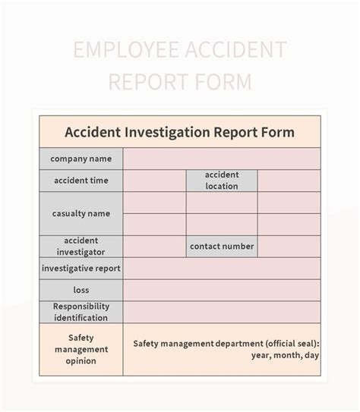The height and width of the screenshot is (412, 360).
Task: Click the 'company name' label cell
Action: [x=81, y=159]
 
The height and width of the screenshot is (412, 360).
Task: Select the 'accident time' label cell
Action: [x=81, y=181]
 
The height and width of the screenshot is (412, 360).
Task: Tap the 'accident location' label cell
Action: [x=222, y=181]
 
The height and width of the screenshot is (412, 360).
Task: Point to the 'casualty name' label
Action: [x=81, y=213]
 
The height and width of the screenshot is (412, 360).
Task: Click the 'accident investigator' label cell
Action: [x=81, y=246]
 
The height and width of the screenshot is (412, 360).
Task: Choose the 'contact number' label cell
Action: [x=222, y=246]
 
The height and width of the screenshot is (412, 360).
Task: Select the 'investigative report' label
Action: [x=81, y=268]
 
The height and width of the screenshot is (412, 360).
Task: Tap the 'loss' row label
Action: [x=81, y=290]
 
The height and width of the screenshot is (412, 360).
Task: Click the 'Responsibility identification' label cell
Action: [x=81, y=312]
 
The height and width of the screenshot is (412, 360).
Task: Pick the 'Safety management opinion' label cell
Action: [x=81, y=349]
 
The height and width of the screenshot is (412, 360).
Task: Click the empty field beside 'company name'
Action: [x=221, y=159]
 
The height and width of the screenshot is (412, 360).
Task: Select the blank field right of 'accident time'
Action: [x=154, y=181]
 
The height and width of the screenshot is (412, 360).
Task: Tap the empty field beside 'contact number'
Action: [x=289, y=246]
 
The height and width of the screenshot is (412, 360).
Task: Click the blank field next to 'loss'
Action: [x=221, y=290]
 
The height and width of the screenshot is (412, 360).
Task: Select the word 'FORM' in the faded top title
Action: [x=222, y=81]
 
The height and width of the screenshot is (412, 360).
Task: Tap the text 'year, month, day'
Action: [x=285, y=355]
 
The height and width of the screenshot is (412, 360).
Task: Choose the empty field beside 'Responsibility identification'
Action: [x=221, y=312]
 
